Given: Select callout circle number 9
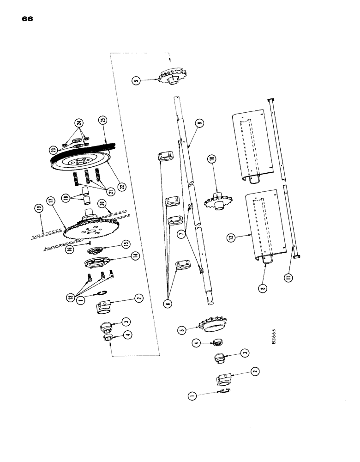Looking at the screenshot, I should tap(199, 123).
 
